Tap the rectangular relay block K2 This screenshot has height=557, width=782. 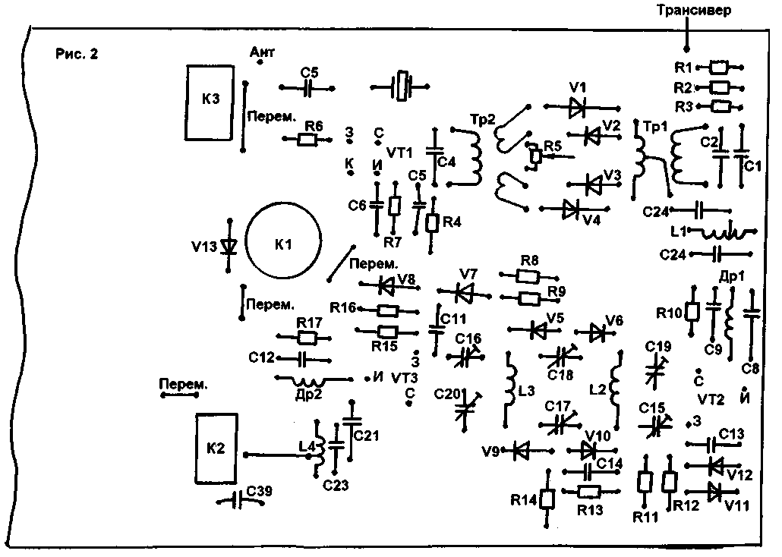coord(217,448)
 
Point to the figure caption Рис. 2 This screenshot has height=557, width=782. coord(77,54)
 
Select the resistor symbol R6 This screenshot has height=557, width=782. coord(307,139)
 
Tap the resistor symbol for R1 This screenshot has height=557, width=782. coord(719,68)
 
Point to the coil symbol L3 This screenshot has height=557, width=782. coord(509,389)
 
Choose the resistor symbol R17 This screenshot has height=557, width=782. coord(307,338)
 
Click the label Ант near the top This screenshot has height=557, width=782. coord(261,52)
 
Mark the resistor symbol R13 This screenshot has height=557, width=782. coord(589,491)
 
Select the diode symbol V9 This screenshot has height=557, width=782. coord(521,451)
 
